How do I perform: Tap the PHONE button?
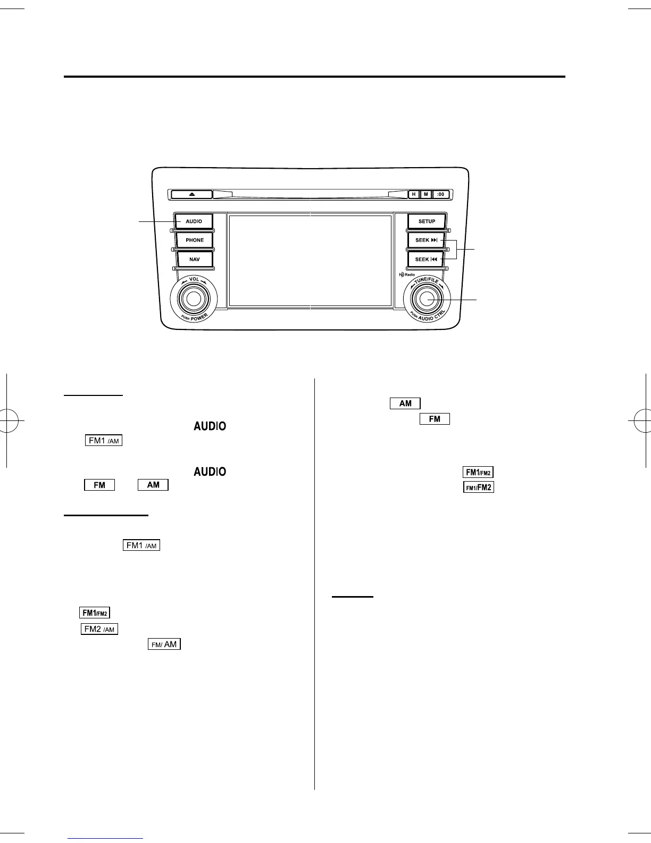tap(195, 240)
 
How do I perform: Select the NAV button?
tap(195, 259)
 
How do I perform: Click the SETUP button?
tap(427, 221)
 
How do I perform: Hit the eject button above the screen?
tap(192, 194)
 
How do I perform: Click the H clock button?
tap(414, 194)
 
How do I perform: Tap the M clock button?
tap(425, 194)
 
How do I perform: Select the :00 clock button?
tap(440, 194)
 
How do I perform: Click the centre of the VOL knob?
tap(193, 299)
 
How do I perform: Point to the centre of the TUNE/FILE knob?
tap(427, 299)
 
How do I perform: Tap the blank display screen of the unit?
tap(310, 260)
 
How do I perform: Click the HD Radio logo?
tap(407, 275)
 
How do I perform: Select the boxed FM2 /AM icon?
tap(99, 629)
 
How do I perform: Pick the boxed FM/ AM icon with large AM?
tap(164, 644)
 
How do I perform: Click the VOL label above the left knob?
tap(194, 279)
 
